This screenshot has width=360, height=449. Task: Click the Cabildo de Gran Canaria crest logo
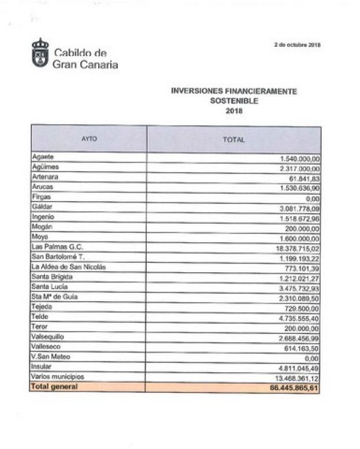coord(40,53)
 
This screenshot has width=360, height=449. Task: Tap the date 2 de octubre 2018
coord(298,44)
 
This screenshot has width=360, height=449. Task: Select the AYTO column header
coord(89,139)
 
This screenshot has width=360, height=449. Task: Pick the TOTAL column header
coord(233,140)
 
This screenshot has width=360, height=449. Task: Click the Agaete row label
coord(43,157)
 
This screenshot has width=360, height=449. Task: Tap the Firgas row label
coord(42,196)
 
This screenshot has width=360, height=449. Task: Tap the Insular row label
coord(42,366)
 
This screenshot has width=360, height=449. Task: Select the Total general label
coord(55,387)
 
